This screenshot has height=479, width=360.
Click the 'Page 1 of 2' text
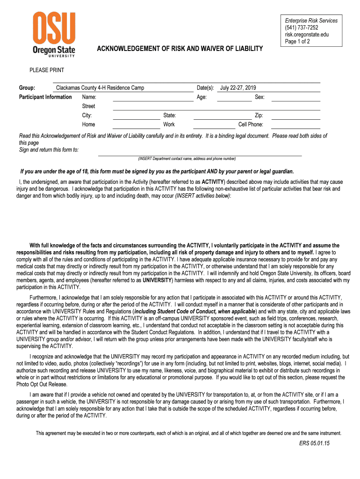coord(297,42)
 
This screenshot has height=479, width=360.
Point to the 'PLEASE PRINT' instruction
coord(47,70)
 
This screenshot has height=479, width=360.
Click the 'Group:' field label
coord(27,88)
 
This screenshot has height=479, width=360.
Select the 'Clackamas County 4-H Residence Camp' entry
coord(100,88)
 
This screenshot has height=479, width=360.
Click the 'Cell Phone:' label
coord(251,124)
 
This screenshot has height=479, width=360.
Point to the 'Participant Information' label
coord(45,97)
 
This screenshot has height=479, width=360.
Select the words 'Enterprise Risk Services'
coord(311,21)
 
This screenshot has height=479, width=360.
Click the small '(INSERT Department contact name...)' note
coord(187,159)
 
